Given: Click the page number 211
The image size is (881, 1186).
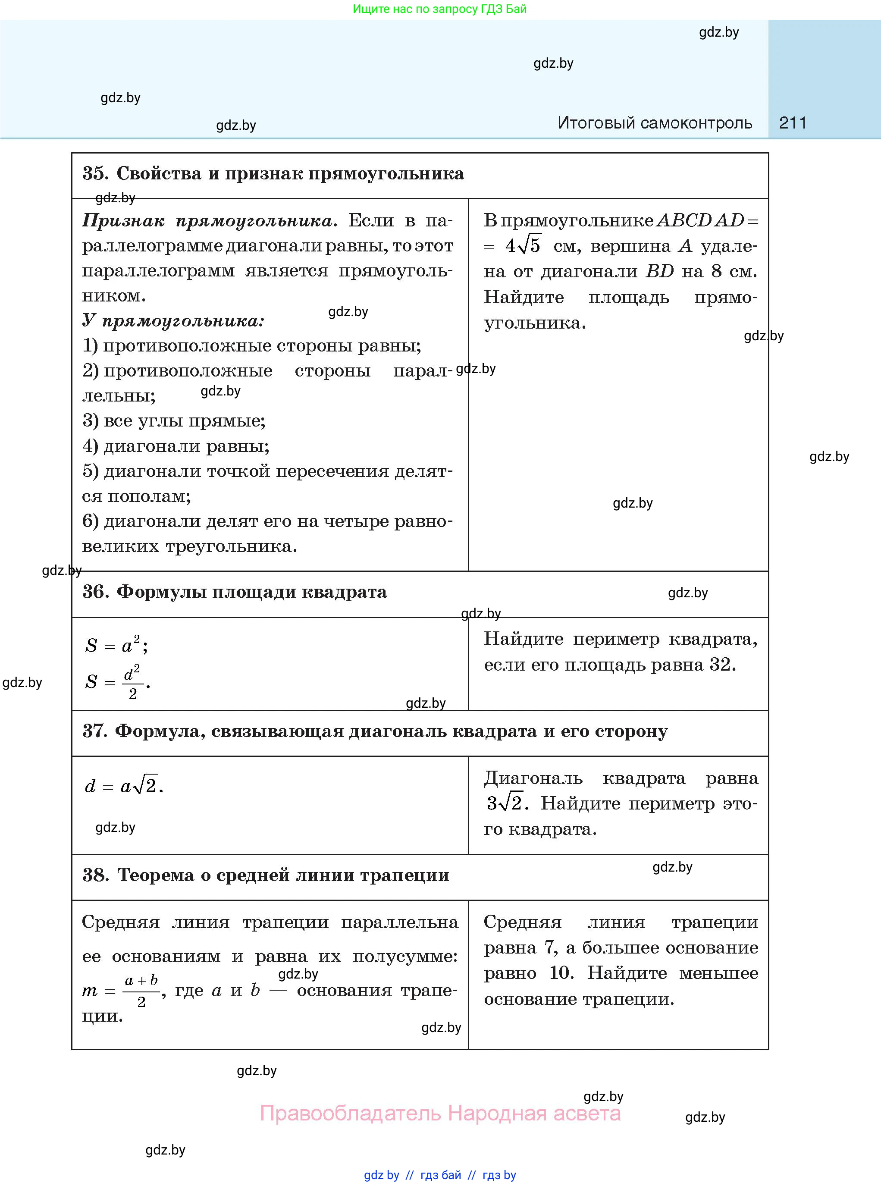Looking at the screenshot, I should (x=793, y=123).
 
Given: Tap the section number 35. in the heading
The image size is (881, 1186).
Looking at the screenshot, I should (x=96, y=173).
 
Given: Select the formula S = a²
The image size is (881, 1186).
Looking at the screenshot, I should (x=116, y=645).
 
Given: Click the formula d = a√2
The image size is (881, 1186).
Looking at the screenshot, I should (x=124, y=785).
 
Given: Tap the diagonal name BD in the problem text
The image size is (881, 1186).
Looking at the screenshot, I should (x=660, y=271).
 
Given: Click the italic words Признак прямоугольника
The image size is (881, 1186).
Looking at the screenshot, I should (x=209, y=221).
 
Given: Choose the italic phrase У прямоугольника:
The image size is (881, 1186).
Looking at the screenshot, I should (x=173, y=320).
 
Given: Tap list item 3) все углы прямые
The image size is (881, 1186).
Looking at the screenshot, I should (x=174, y=421).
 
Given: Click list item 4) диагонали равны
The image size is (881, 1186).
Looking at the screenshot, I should (x=176, y=446).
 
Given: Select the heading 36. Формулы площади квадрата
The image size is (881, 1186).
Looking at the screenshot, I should (x=235, y=592).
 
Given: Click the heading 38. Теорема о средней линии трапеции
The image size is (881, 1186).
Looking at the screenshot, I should (x=266, y=875).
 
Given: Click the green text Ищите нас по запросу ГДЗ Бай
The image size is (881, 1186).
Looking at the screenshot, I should (x=439, y=9).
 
